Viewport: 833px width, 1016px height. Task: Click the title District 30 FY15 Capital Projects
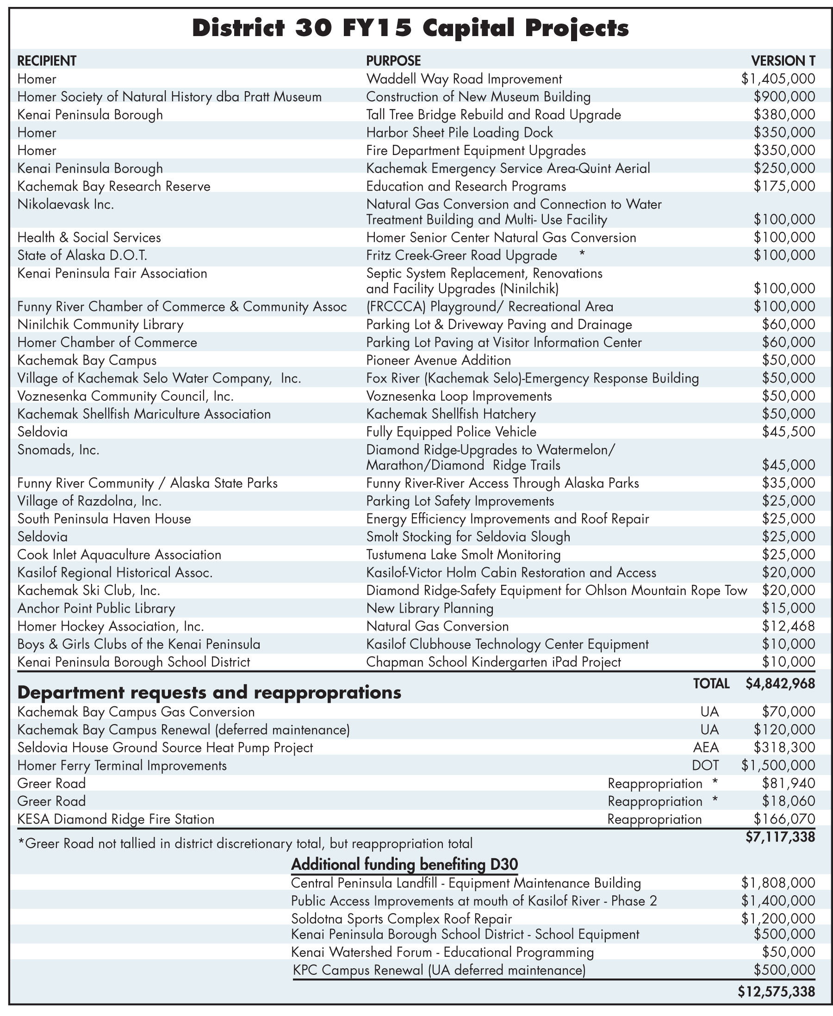point(410,28)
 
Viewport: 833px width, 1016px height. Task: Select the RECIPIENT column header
point(47,61)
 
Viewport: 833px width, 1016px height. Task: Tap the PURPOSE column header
point(393,61)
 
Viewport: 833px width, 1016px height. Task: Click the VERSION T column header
point(783,61)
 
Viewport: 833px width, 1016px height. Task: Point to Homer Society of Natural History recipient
point(169,97)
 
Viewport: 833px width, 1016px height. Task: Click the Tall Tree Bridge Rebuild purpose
point(493,115)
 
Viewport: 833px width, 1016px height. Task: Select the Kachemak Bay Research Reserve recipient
point(114,186)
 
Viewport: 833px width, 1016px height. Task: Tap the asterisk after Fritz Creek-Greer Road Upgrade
point(582,255)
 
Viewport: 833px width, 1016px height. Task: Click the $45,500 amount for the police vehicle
point(789,432)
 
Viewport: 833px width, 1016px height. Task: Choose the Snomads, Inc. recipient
point(58,450)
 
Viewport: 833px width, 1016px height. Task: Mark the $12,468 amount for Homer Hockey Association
point(789,626)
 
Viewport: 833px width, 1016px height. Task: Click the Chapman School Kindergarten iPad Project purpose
point(493,662)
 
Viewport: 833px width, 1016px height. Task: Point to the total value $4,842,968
point(780,683)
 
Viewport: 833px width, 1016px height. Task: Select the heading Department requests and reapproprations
point(209,693)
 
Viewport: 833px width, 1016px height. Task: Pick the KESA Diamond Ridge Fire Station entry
point(116,819)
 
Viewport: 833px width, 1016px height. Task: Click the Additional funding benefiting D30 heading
point(404,864)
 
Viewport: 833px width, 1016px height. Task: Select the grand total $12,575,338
point(776,991)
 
